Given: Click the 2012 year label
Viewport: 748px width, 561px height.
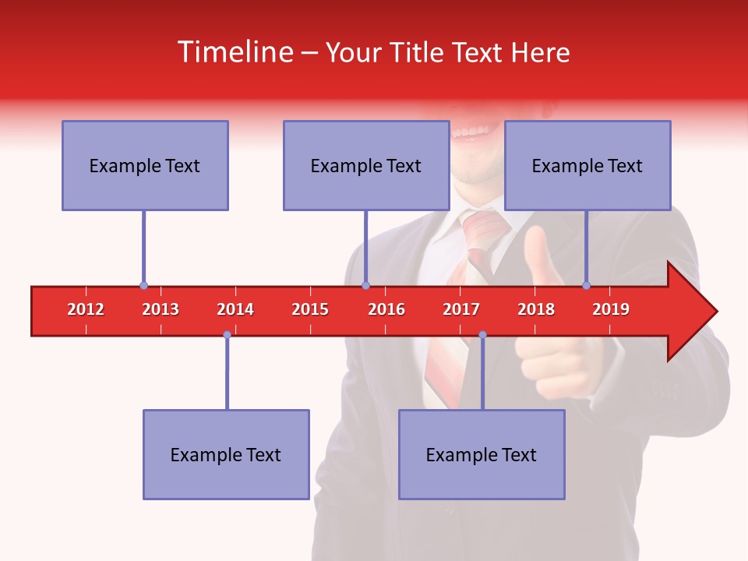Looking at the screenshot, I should point(86,309).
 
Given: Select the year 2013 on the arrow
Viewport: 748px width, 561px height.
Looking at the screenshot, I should point(161,309).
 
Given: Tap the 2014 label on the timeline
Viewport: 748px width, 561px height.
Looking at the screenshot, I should point(235,309).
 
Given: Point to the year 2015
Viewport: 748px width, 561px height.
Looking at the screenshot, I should point(310,309).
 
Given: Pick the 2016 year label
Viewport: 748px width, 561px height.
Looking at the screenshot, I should point(386,309).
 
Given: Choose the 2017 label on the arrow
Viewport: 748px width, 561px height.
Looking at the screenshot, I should point(461,309).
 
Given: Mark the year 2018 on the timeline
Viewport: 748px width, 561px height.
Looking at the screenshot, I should point(536,309).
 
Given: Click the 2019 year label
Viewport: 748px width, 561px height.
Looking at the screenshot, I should point(611,309).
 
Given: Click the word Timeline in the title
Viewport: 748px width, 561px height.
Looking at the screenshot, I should point(235,52).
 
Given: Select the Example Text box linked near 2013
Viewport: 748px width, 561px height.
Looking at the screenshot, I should point(145,165).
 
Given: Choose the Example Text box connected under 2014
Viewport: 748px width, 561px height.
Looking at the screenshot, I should point(226,454).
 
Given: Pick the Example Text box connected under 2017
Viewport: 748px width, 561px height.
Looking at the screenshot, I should point(482,454).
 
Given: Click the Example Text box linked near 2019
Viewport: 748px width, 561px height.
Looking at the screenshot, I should point(587,165).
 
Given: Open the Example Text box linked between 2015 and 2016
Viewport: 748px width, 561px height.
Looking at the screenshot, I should point(366,165).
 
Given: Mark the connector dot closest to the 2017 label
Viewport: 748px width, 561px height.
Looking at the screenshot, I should point(482,334).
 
